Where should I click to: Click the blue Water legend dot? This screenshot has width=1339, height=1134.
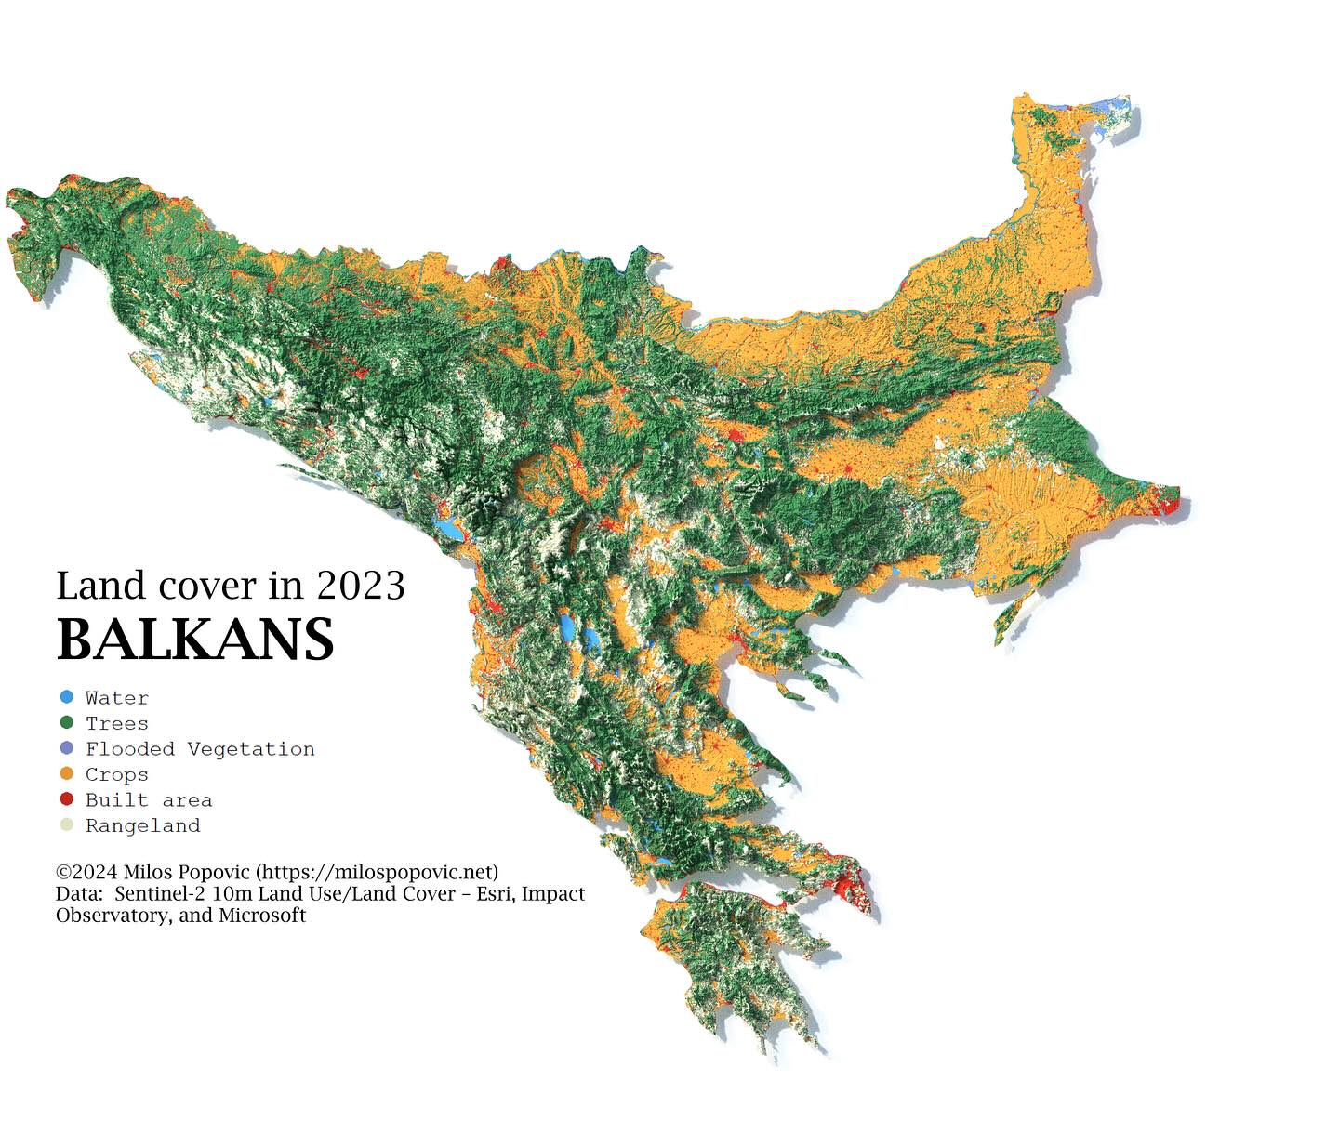pyautogui.click(x=66, y=697)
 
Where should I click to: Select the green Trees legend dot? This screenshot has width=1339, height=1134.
pyautogui.click(x=66, y=722)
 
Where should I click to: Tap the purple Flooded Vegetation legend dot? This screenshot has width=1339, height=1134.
pyautogui.click(x=66, y=748)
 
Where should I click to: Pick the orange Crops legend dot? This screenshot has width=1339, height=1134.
pyautogui.click(x=66, y=773)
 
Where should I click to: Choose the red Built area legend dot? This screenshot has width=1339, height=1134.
pyautogui.click(x=66, y=799)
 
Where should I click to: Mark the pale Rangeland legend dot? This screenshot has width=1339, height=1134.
pyautogui.click(x=66, y=824)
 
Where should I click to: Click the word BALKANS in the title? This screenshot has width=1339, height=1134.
pyautogui.click(x=195, y=640)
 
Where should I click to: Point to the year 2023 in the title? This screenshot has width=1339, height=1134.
pyautogui.click(x=360, y=586)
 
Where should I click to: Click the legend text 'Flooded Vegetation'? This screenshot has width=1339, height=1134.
pyautogui.click(x=200, y=749)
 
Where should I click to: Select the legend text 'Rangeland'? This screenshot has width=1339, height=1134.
pyautogui.click(x=142, y=825)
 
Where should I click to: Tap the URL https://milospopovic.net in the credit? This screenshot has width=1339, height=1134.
pyautogui.click(x=377, y=872)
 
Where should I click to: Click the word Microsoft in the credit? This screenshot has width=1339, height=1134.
pyautogui.click(x=262, y=916)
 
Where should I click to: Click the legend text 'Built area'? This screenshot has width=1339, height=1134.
pyautogui.click(x=149, y=800)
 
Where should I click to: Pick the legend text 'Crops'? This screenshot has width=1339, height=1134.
pyautogui.click(x=116, y=774)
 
